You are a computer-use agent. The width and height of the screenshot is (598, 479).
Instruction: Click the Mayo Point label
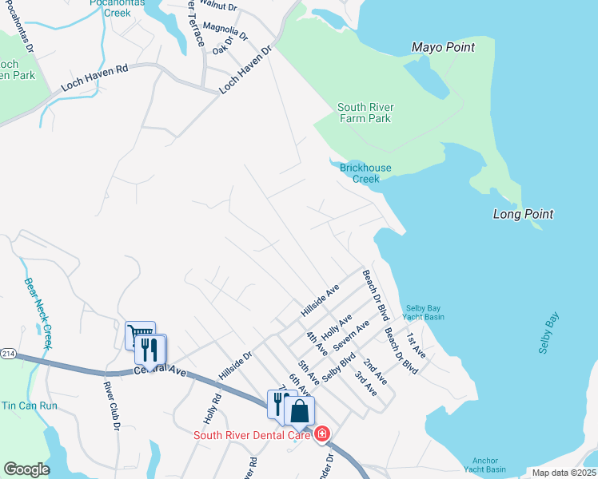point(443,47)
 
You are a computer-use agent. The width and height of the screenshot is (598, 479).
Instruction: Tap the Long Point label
point(523,214)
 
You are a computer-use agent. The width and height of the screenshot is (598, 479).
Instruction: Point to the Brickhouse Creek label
point(365,173)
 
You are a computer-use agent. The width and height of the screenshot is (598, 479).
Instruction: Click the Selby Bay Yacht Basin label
point(425,312)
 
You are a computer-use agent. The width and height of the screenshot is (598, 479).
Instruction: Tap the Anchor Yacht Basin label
point(484,465)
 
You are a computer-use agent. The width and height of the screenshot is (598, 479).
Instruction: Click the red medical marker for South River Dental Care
point(322,434)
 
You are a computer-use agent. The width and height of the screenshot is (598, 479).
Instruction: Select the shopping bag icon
point(299,411)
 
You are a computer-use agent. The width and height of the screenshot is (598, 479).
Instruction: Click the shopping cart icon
point(140,335)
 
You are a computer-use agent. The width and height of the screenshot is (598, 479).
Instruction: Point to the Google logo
point(26,469)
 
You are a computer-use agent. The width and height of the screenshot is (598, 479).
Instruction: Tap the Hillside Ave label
point(320,299)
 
